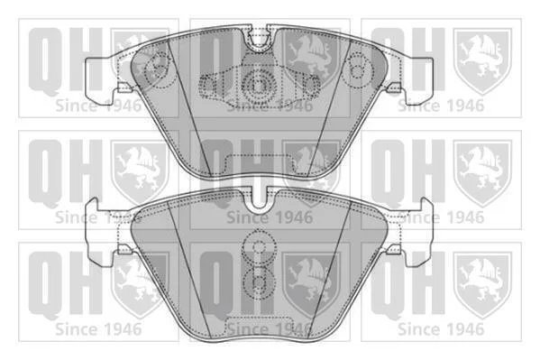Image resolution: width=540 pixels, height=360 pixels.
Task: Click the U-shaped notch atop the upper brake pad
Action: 259,41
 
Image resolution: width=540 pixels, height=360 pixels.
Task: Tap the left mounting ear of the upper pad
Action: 100,81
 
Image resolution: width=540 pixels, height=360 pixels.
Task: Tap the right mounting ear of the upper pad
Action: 417,81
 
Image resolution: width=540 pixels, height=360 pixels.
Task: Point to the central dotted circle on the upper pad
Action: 258,85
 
